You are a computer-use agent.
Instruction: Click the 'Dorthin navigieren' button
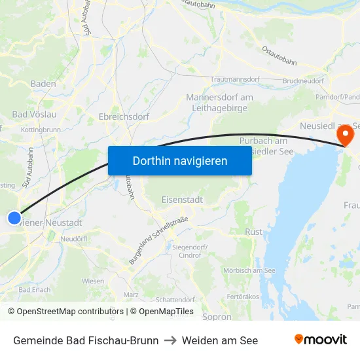(x=179, y=160)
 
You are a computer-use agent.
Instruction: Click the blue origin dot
(x=14, y=219)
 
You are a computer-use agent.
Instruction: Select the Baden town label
(x=43, y=84)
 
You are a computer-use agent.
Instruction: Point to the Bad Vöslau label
(x=34, y=114)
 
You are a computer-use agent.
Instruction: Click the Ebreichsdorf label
(x=124, y=117)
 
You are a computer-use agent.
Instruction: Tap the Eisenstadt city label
(x=182, y=199)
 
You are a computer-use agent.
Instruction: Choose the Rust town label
(x=253, y=232)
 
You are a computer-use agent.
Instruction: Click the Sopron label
(x=217, y=317)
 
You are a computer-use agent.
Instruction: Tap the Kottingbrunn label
(x=41, y=130)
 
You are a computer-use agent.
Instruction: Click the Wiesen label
(x=93, y=281)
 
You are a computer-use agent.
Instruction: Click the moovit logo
(x=320, y=340)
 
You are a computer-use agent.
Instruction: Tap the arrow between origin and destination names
(x=170, y=340)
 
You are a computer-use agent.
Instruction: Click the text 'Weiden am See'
(x=220, y=340)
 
